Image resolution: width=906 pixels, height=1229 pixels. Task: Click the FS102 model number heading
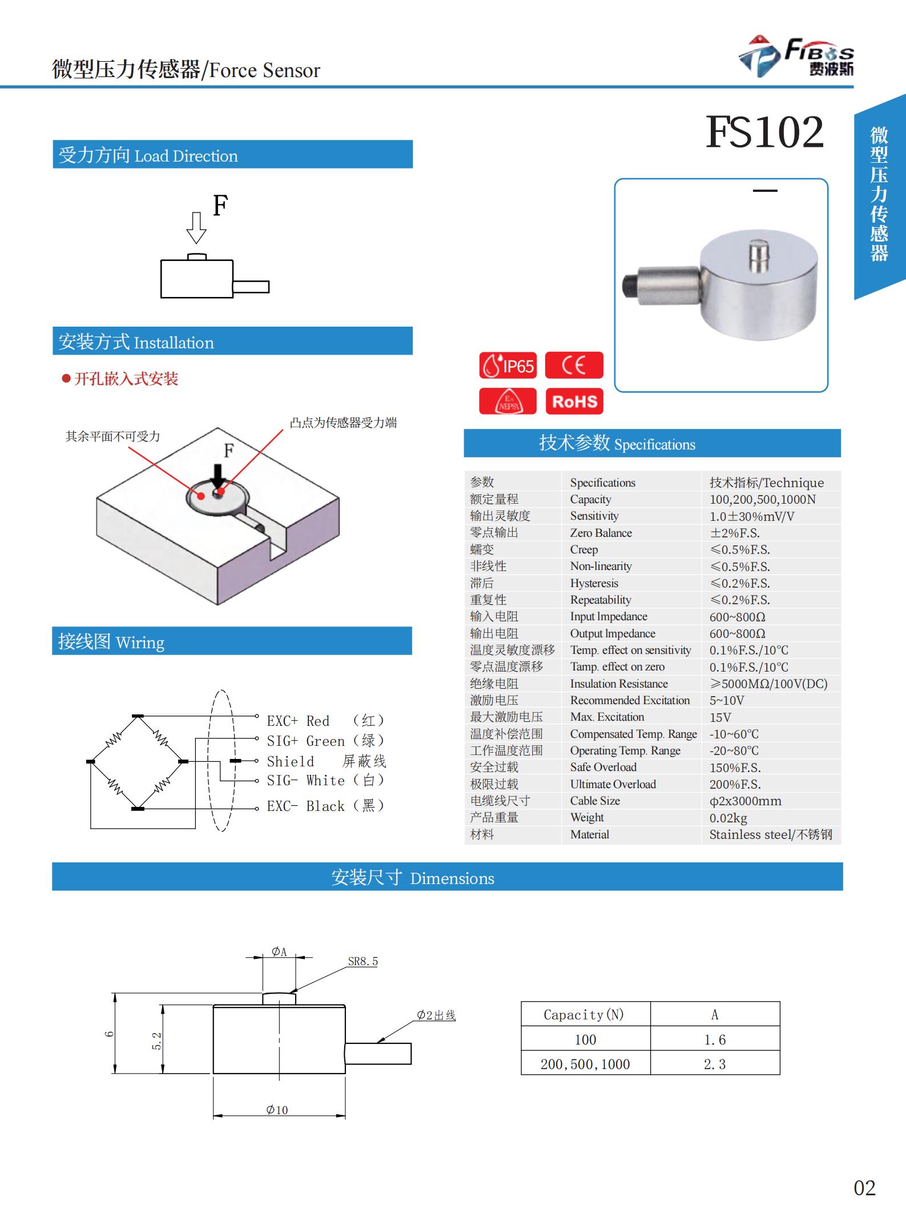coord(764,132)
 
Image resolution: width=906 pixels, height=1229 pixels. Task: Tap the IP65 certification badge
coord(508,366)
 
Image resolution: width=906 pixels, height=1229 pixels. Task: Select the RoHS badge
coord(574,401)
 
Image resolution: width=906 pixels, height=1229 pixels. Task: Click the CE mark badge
coord(574,366)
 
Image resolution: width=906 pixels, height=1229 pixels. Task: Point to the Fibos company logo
coord(796,57)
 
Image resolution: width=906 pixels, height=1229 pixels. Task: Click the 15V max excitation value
coord(720,717)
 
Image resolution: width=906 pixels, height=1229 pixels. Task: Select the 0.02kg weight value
coord(728,818)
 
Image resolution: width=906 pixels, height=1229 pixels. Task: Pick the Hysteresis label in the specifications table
coord(594,583)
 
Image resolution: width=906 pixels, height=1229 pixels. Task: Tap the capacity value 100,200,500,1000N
coord(762,499)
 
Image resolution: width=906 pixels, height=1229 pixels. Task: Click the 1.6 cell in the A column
coord(715,1039)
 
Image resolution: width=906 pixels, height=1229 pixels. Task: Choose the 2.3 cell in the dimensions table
coord(715,1064)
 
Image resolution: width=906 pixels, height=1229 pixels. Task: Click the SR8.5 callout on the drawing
coord(363,962)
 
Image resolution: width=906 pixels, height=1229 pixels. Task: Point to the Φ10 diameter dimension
coord(277,1110)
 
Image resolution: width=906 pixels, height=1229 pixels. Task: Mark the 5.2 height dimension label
coord(157,1041)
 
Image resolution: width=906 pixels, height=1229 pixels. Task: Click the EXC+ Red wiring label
coord(298,721)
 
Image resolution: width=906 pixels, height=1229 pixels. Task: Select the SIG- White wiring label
coord(305,781)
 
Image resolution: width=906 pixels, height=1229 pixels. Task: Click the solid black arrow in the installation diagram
coord(218,475)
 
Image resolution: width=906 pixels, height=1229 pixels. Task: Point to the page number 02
coord(864,1188)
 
